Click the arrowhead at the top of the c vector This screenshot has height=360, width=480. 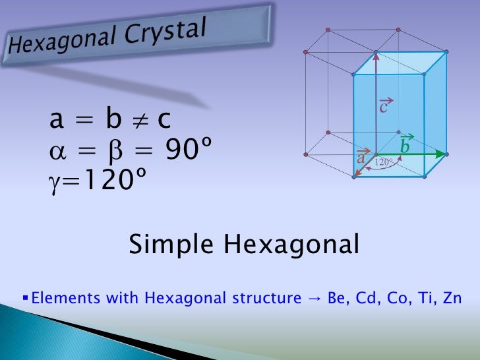pyautogui.click(x=375, y=55)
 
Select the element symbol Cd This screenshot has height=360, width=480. pyautogui.click(x=366, y=298)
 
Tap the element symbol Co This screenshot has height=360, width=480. pyautogui.click(x=396, y=298)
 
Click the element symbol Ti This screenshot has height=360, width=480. pyautogui.click(x=423, y=298)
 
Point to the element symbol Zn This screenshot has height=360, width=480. pyautogui.click(x=450, y=298)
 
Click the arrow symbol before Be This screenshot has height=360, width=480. pyautogui.click(x=313, y=299)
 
